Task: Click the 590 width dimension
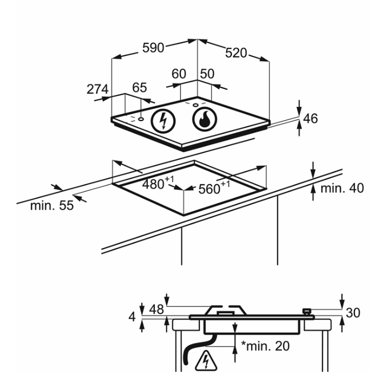coord(153,48)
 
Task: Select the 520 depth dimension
coord(236,53)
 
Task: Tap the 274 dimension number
coord(97,89)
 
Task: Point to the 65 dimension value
coord(140,87)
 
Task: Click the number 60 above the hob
coord(179,74)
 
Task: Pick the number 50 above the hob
coord(207,74)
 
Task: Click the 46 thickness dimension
coord(310,119)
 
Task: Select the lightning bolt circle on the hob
coord(163,121)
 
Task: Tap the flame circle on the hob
coord(204,119)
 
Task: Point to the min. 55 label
coord(52,206)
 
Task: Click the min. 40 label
coord(342,188)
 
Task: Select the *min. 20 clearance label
coord(265,346)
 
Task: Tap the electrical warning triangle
coord(206,361)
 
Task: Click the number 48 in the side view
coord(156,309)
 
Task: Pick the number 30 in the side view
coord(353,313)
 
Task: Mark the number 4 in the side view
coord(132,316)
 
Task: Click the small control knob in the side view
coord(307,312)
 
